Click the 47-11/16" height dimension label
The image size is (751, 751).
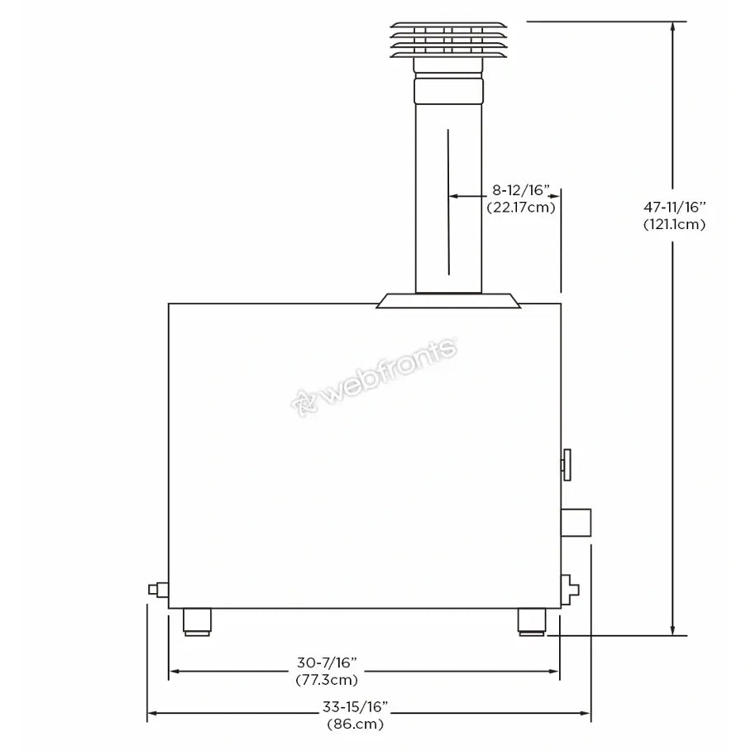tap(674, 207)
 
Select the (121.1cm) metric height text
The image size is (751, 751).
tap(674, 224)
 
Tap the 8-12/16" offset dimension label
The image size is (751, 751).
tap(521, 190)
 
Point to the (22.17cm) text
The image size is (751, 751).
tap(521, 208)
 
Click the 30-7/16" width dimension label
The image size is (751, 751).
tap(328, 663)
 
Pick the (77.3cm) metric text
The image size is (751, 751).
tap(328, 680)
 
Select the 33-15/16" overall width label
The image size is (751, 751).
tap(355, 706)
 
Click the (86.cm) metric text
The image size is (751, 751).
tap(356, 724)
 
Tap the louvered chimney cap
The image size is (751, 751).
tap(448, 40)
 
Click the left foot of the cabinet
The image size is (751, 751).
tap(197, 622)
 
